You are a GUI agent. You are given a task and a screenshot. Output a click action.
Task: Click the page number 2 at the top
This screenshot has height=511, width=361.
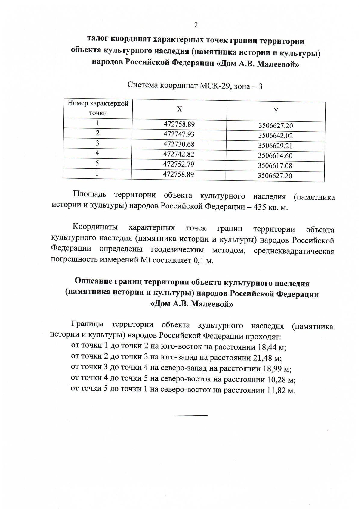point(196,25)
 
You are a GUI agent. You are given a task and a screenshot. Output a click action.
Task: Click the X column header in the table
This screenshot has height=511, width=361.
point(179,109)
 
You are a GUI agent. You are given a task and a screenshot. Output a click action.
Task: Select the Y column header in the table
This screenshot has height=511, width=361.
point(276,111)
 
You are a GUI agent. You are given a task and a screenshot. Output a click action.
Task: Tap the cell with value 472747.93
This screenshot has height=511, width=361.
point(179,134)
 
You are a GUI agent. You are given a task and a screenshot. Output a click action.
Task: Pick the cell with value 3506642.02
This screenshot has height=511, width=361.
point(275,136)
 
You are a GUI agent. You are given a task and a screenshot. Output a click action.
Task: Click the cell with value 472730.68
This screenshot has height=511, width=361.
point(179,144)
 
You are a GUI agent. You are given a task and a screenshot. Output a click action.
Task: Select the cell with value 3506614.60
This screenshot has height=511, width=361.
point(275,156)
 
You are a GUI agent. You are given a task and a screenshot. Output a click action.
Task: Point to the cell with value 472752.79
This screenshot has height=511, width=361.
point(178,164)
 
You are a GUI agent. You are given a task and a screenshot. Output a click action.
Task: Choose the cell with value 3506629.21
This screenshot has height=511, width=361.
point(275,146)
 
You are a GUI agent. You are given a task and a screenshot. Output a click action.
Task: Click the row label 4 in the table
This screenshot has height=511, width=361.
point(97,153)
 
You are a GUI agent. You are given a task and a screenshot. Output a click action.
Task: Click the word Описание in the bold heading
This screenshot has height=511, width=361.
point(93,281)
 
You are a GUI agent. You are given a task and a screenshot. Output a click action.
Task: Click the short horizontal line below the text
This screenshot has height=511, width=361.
point(190,415)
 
